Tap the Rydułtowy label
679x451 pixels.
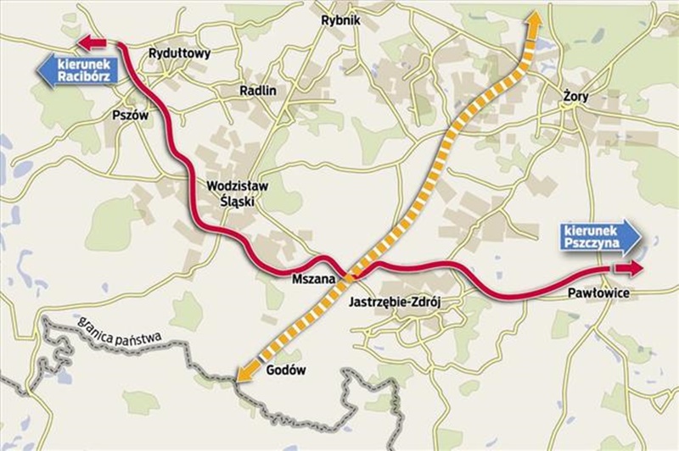coord(179,53)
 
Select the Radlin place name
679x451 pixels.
coord(259,89)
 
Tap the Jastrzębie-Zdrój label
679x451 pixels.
coord(396,301)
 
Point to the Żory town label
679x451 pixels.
coord(575,97)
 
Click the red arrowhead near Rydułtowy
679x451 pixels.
coord(92,42)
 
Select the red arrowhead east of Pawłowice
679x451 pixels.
coord(629,268)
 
